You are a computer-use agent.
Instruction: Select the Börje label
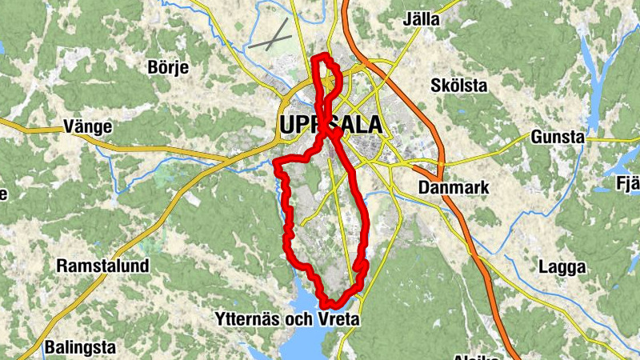pyautogui.click(x=168, y=67)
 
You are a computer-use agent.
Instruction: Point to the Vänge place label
pyautogui.click(x=86, y=126)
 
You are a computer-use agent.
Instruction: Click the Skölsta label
pyautogui.click(x=458, y=84)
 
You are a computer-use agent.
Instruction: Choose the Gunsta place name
pyautogui.click(x=558, y=137)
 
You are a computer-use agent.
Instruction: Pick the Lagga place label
pyautogui.click(x=562, y=266)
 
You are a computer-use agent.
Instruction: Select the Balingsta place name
pyautogui.click(x=80, y=348)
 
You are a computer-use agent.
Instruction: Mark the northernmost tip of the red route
pyautogui.click(x=323, y=56)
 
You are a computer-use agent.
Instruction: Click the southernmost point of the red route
pyautogui.click(x=329, y=305)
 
